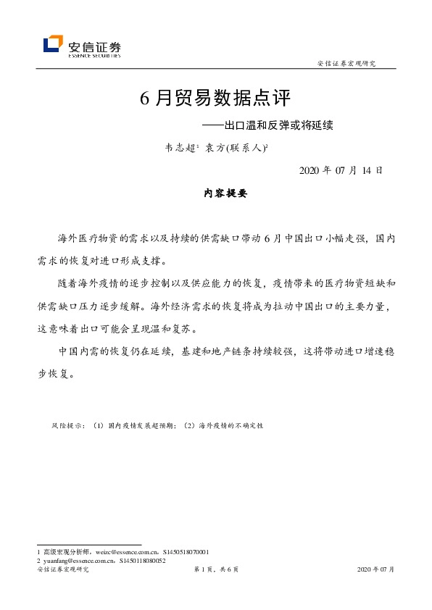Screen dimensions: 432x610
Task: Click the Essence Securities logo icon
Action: click(x=53, y=45)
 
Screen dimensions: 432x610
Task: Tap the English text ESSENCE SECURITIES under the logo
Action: click(x=94, y=54)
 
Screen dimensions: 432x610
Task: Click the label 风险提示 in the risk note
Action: click(x=69, y=426)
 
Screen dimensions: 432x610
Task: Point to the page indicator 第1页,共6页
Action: click(x=216, y=570)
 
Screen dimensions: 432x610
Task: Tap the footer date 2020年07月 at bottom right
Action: click(x=376, y=570)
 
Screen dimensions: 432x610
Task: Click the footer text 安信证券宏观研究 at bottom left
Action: click(x=62, y=570)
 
